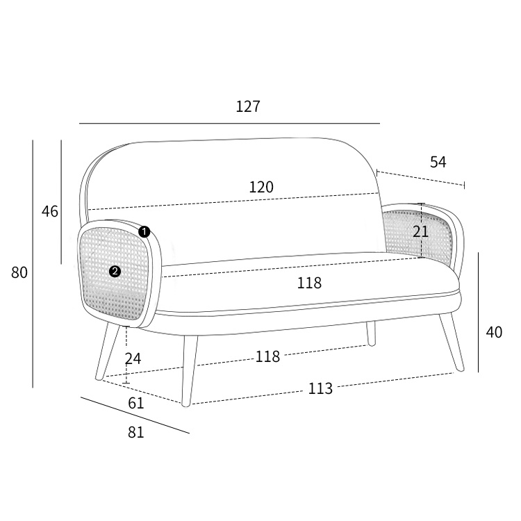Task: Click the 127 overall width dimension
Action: tap(248, 106)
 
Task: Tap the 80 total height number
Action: tap(19, 272)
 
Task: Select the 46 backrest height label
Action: tap(50, 211)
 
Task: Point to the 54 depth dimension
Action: tap(438, 162)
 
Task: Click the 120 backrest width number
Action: tap(261, 187)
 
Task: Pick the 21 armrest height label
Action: tap(421, 231)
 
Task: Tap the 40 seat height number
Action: tap(494, 332)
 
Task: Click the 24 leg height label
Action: tap(133, 359)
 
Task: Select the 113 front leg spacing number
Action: tap(320, 388)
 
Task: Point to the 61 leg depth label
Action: tap(136, 404)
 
